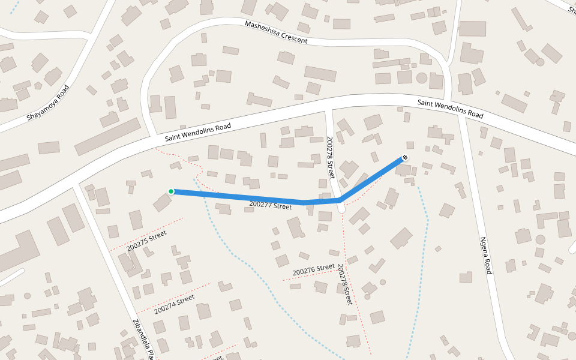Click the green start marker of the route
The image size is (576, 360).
pos(171,191)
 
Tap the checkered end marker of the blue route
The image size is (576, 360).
pos(405,158)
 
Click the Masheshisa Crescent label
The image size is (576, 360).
pos(276,32)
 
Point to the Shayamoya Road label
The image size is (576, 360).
pos(47,103)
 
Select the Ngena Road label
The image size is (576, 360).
pos(486,256)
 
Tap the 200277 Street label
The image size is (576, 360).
pos(270,205)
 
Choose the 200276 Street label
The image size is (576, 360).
pos(313,270)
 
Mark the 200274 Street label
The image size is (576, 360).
pos(174,304)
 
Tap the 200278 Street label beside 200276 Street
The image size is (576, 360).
pos(344,284)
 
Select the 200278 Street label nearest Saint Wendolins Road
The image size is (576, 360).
pos(330,157)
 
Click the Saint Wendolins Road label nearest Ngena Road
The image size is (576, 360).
pos(450,109)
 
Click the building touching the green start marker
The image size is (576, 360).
pos(162,202)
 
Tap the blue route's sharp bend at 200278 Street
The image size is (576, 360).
pos(340,200)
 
